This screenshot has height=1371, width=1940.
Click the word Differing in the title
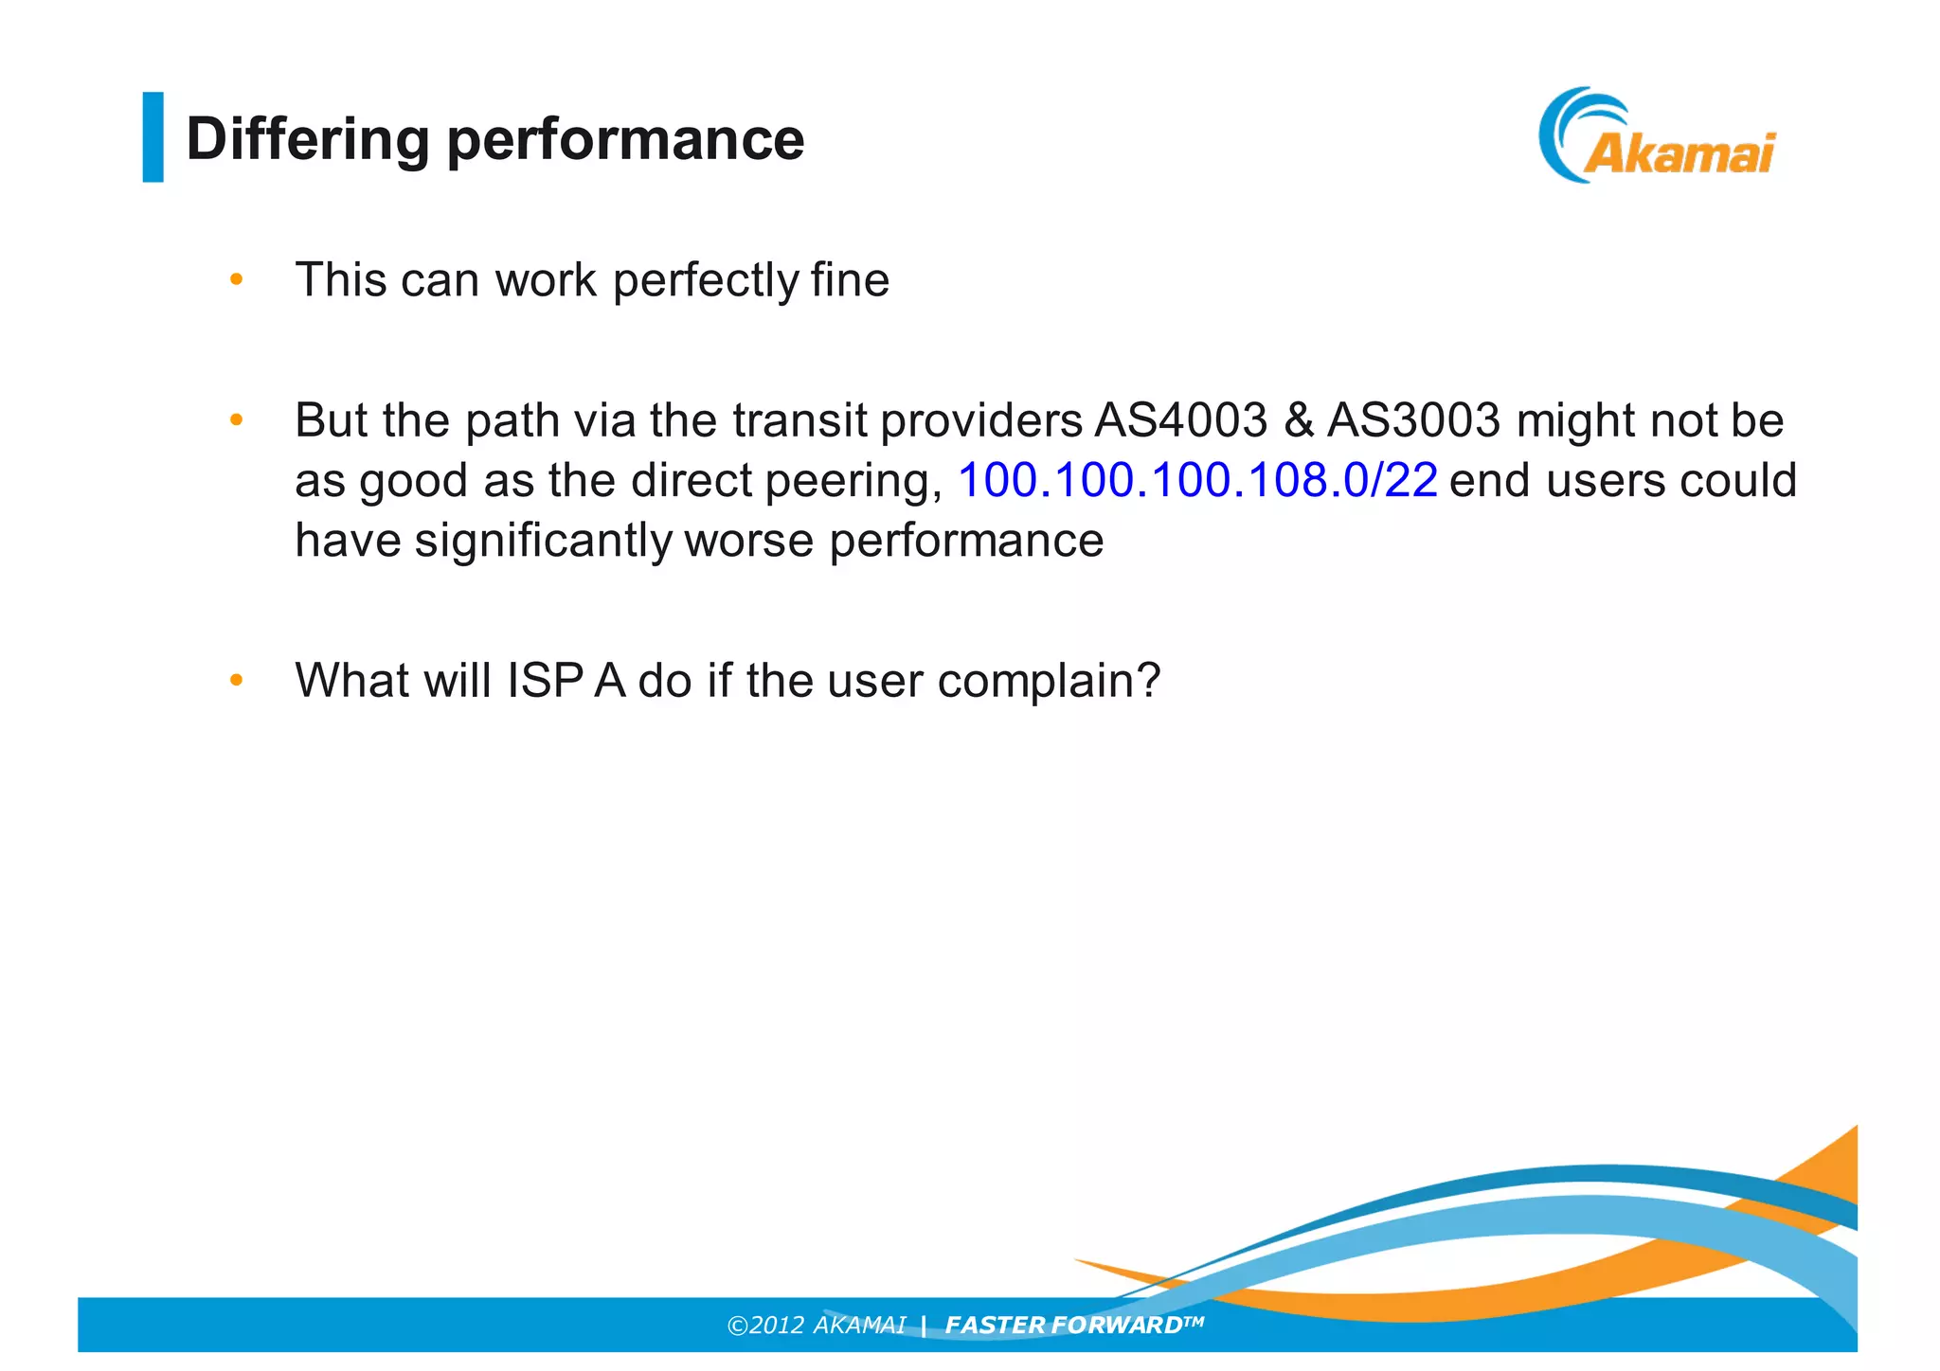(x=308, y=139)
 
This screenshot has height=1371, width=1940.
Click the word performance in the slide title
(x=625, y=139)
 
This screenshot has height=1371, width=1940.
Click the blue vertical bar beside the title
(x=153, y=136)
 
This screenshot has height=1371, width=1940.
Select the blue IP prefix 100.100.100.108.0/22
(x=1197, y=480)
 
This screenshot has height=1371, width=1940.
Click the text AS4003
(x=1180, y=420)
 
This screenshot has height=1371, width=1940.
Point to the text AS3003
(x=1413, y=420)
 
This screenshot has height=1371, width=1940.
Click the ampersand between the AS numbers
(x=1298, y=420)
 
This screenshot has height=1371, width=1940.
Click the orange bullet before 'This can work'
(x=237, y=279)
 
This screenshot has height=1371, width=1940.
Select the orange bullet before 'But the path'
(x=237, y=419)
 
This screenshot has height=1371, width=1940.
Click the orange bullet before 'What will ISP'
(x=237, y=680)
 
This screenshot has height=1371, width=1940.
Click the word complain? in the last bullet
(x=1049, y=681)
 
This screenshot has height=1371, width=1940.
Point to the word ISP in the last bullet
(x=545, y=680)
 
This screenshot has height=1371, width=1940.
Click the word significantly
(x=543, y=541)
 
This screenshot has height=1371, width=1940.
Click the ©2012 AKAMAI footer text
(x=816, y=1325)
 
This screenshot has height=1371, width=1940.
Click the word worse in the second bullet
(x=748, y=541)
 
